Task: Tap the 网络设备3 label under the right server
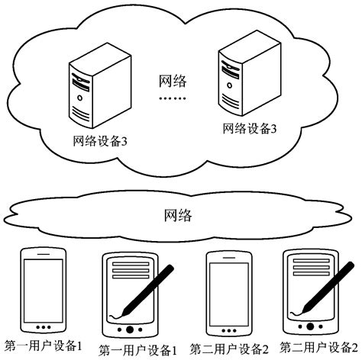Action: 248,130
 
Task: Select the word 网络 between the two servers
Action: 173,81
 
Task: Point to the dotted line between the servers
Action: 172,100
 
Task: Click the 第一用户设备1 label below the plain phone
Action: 44,346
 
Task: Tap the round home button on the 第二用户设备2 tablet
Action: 311,326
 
